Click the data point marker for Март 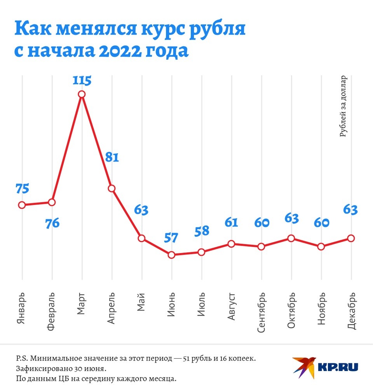pyautogui.click(x=82, y=94)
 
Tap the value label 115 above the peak pyautogui.click(x=82, y=81)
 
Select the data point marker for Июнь pyautogui.click(x=171, y=255)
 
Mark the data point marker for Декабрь pyautogui.click(x=351, y=238)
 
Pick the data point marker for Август pyautogui.click(x=231, y=244)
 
